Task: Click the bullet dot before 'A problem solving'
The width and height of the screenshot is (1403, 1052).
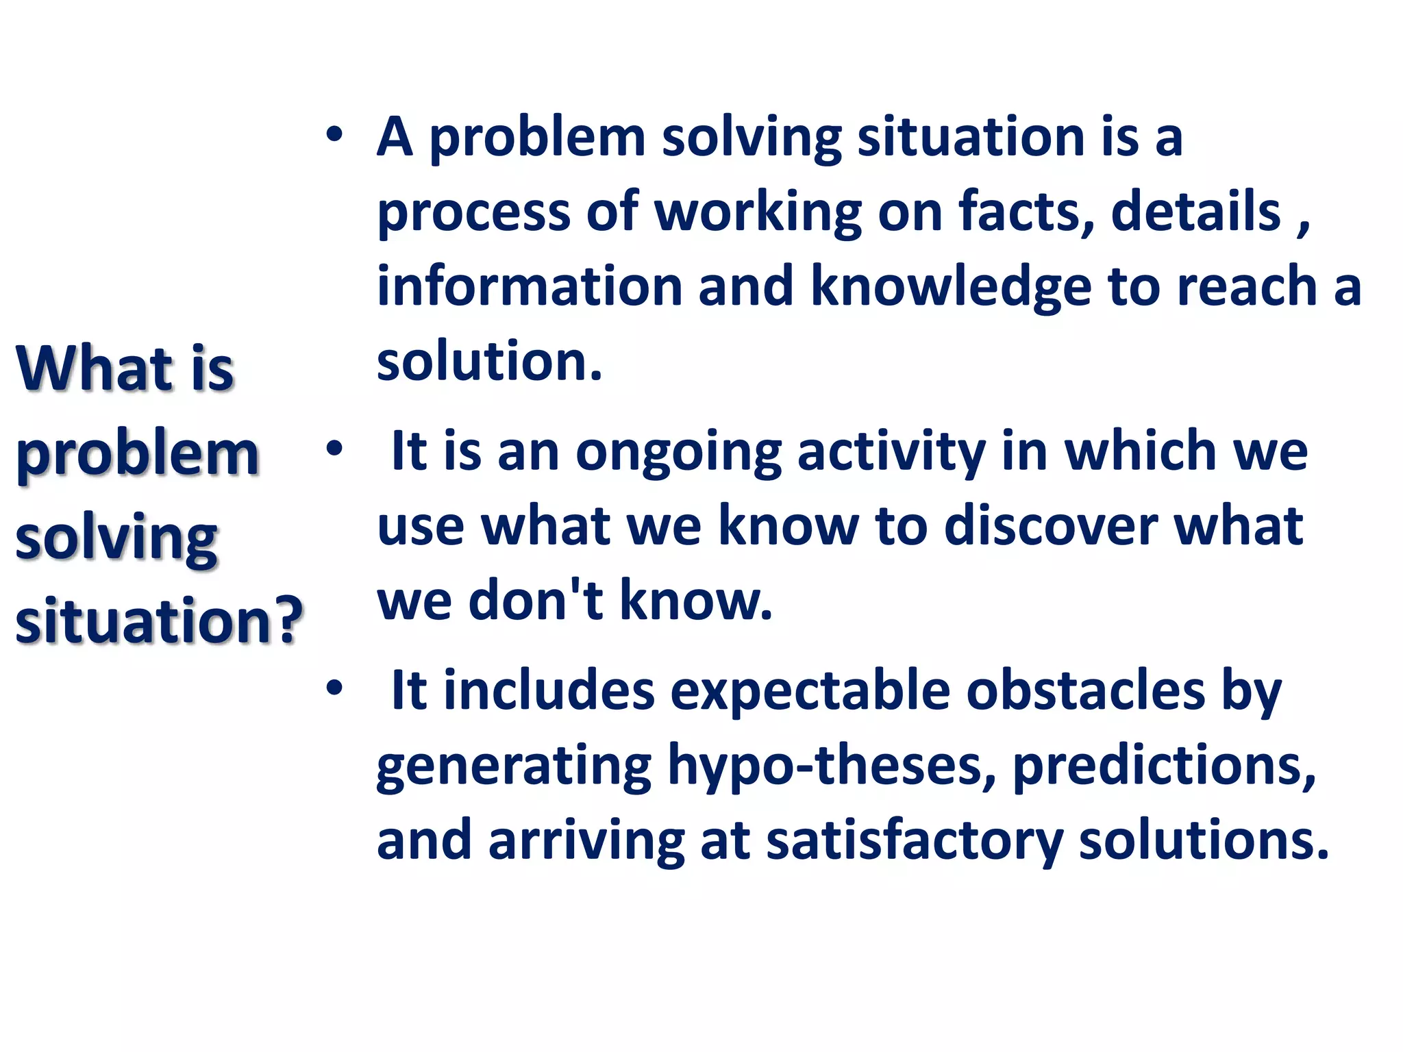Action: (334, 136)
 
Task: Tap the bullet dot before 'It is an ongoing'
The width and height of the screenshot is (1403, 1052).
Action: (334, 450)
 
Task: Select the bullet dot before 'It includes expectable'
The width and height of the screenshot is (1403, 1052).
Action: (334, 688)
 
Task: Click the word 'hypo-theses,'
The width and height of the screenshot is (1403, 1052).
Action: (832, 767)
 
